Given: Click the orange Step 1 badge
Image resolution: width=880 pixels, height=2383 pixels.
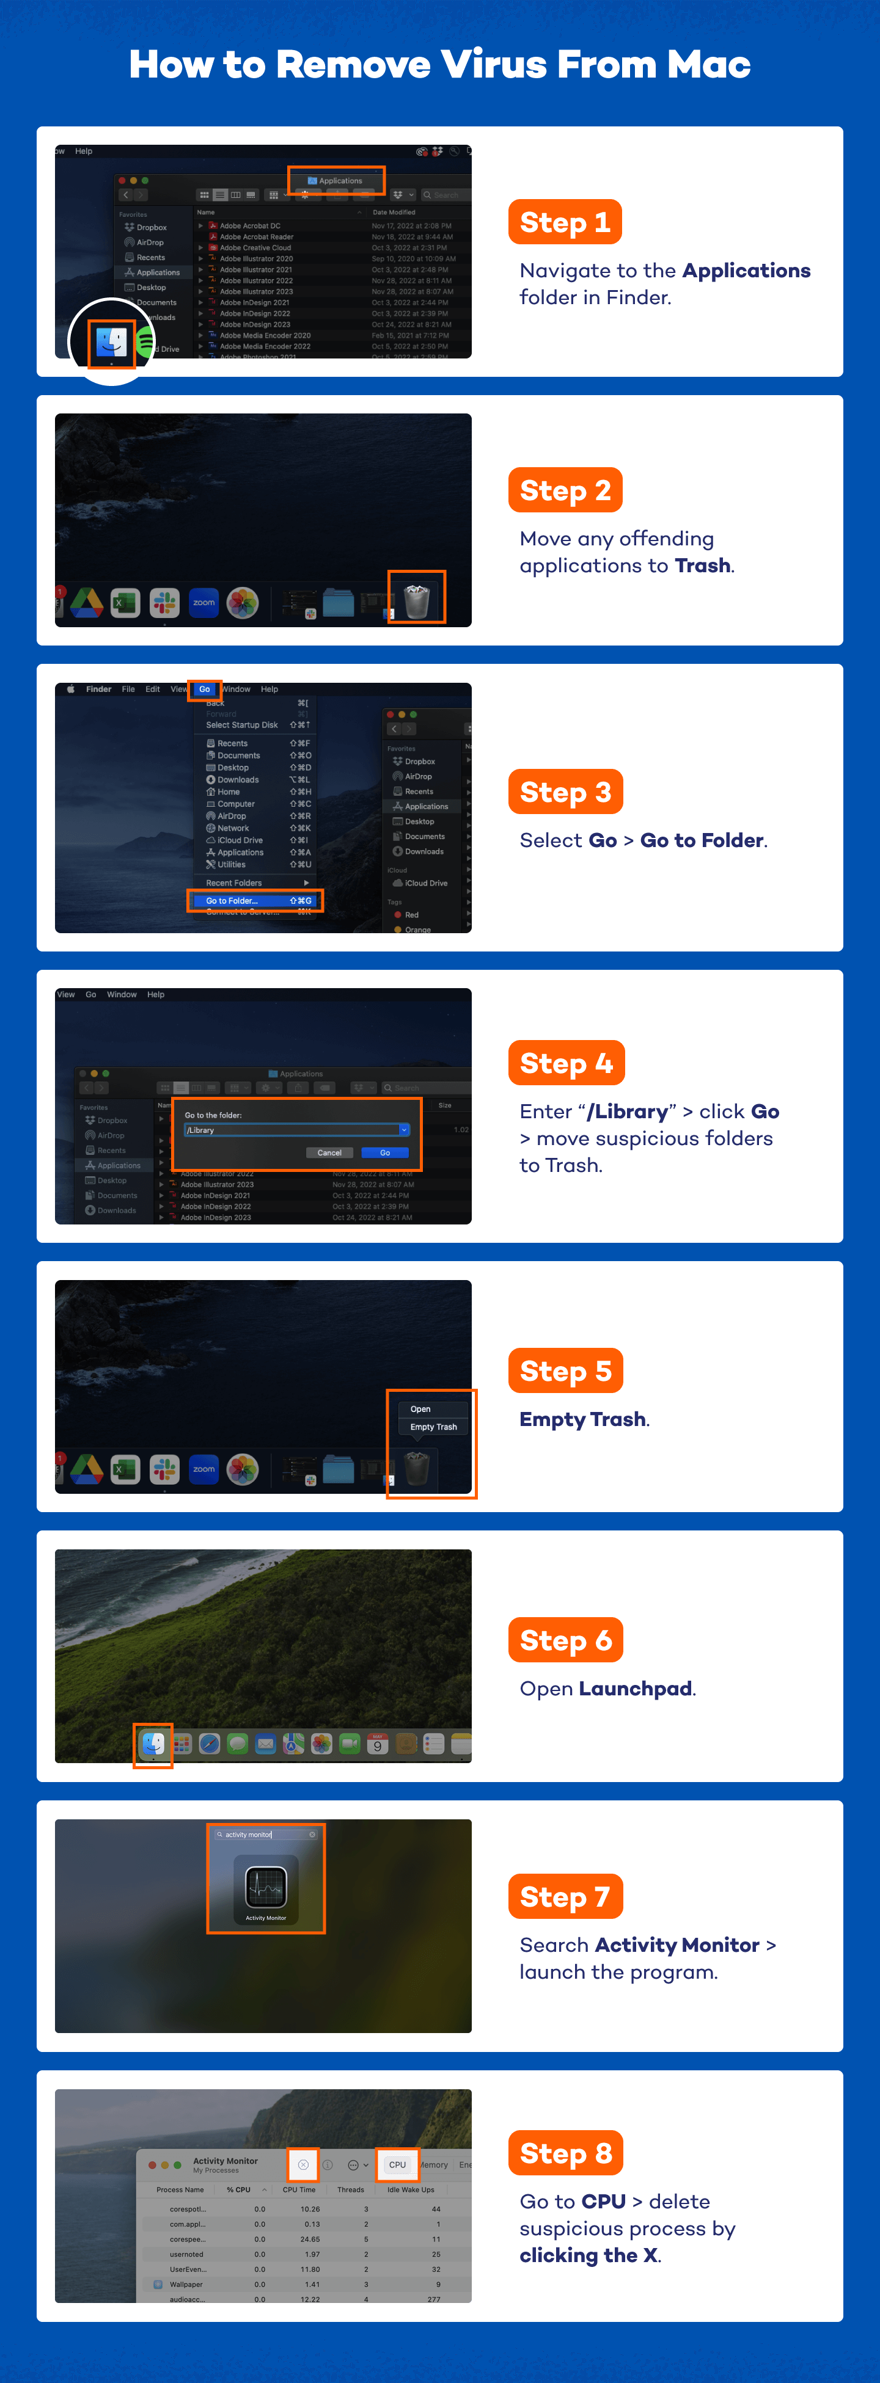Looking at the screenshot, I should click(x=565, y=223).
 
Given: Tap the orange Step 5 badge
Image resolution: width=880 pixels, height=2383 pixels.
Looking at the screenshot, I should click(x=565, y=1371).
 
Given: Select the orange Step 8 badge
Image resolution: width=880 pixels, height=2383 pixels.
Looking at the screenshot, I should click(x=565, y=2153).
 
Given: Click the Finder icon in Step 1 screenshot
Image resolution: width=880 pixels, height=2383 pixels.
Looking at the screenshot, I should click(x=112, y=342).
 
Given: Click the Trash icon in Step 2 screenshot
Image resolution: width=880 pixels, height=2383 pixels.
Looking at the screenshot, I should click(x=416, y=600).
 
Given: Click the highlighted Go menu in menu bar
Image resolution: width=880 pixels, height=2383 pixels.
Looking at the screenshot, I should click(x=205, y=689).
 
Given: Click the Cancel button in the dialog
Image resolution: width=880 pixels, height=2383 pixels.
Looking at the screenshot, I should click(x=329, y=1152).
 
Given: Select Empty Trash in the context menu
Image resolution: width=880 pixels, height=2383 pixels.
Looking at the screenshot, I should click(x=433, y=1427).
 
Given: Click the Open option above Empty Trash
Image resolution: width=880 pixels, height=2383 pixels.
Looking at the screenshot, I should click(x=420, y=1409).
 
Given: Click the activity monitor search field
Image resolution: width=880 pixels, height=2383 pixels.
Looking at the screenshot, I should click(x=266, y=1835).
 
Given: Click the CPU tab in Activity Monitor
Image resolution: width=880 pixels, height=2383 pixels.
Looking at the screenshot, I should click(x=397, y=2165).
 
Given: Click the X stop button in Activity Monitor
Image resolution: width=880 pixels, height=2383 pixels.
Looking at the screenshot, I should click(x=302, y=2165).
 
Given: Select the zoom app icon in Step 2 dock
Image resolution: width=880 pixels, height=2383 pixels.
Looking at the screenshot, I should click(x=204, y=602).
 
